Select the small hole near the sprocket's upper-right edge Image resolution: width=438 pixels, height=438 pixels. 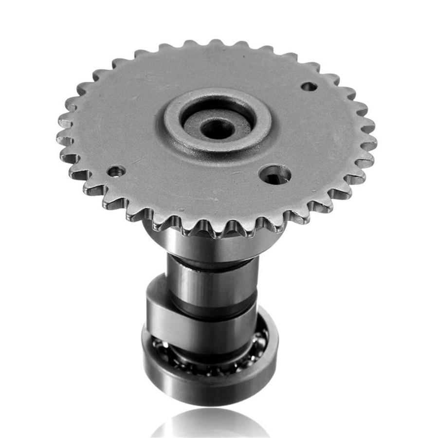[x=309, y=87]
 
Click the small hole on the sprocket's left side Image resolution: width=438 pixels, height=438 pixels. [x=116, y=171]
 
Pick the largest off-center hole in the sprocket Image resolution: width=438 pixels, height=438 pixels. [x=275, y=174]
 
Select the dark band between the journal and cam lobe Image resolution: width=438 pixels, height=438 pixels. [x=214, y=311]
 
